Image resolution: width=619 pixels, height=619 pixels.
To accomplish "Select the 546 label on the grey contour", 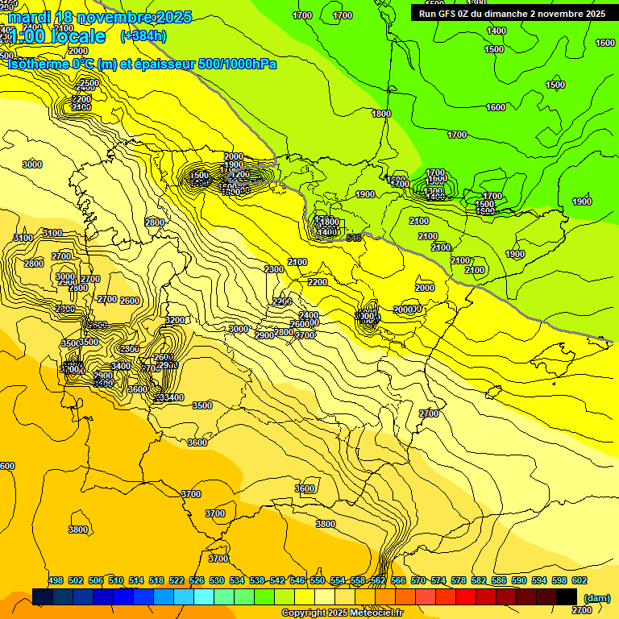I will pyautogui.click(x=353, y=238).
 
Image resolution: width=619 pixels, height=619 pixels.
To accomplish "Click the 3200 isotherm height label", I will pyautogui.click(x=175, y=320).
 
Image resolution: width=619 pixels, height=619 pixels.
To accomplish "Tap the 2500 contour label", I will pyautogui.click(x=89, y=83).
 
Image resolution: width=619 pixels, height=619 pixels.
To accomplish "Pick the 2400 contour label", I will pyautogui.click(x=308, y=315).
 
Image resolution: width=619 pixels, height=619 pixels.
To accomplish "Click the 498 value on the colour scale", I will pyautogui.click(x=56, y=580).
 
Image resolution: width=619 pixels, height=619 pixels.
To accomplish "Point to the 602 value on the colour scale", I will pyautogui.click(x=580, y=580).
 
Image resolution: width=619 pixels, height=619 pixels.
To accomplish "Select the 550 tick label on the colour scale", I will pyautogui.click(x=318, y=580).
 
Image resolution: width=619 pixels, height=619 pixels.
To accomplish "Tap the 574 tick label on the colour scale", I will pyautogui.click(x=438, y=580).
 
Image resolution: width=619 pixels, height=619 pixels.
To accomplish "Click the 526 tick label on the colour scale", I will pyautogui.click(x=197, y=580).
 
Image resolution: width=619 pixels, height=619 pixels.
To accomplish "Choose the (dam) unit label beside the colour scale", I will pyautogui.click(x=596, y=597).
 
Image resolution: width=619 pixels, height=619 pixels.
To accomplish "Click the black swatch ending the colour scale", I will pyautogui.click(x=567, y=596).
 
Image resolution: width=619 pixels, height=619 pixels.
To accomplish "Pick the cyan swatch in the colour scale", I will pyautogui.click(x=204, y=596).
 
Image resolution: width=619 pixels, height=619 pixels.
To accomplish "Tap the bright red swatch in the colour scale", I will pyautogui.click(x=466, y=596).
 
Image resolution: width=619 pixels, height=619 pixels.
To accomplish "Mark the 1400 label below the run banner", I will pyautogui.click(x=496, y=31).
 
